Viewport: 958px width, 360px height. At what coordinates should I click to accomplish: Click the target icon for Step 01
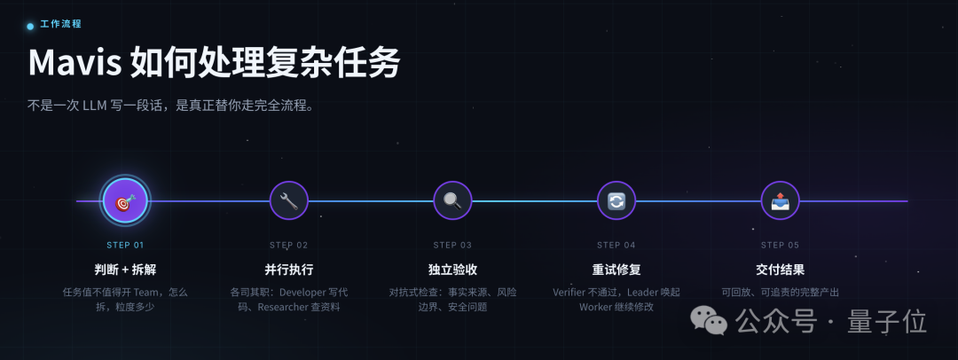[x=125, y=201]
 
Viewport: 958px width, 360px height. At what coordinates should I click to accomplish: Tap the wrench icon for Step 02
[x=288, y=201]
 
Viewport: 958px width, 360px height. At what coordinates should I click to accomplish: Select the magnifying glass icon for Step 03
[x=452, y=201]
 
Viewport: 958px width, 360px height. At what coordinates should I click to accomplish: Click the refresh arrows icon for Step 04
[x=616, y=201]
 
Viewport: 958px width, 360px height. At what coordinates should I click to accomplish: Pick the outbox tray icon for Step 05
[x=781, y=201]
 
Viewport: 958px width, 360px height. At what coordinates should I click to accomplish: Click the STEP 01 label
[x=125, y=245]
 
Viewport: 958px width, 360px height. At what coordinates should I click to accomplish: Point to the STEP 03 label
[x=452, y=245]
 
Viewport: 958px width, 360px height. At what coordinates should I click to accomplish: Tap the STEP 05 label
[x=781, y=245]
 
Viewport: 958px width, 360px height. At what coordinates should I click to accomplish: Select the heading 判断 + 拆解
[x=125, y=269]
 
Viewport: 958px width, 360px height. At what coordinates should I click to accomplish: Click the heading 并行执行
[x=288, y=269]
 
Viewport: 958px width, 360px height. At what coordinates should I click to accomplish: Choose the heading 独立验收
[x=452, y=269]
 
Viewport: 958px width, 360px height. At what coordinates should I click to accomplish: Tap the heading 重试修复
[x=616, y=269]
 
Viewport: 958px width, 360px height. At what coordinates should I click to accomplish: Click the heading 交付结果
[x=781, y=269]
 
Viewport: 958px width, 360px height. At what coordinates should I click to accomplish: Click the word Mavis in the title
[x=75, y=62]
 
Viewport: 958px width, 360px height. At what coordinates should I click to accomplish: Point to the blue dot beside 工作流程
[x=30, y=27]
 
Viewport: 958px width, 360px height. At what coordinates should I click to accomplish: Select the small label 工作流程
[x=60, y=24]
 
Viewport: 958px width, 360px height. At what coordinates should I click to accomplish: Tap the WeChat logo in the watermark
[x=709, y=320]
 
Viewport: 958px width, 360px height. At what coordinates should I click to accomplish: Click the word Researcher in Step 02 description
[x=283, y=307]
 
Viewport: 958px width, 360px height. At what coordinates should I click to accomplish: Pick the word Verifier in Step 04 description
[x=572, y=292]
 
